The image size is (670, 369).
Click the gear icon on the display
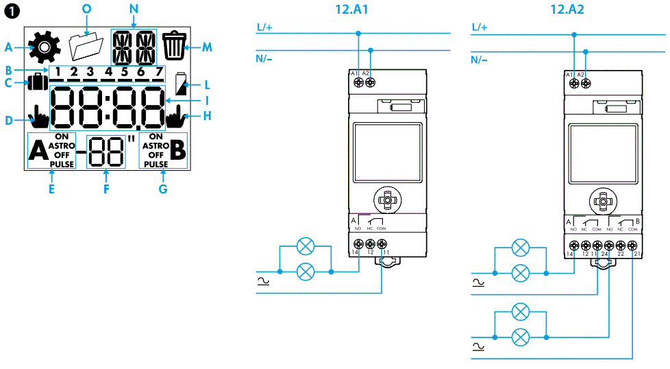pos(45,47)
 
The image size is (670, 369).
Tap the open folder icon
pos(86,47)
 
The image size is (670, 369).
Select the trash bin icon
pos(174,46)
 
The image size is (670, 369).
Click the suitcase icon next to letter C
pos(37,84)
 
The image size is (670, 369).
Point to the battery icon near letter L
pos(182,84)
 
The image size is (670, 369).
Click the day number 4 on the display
pos(108,71)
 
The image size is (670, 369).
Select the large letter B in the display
pos(177,152)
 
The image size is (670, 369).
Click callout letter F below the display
pos(106,189)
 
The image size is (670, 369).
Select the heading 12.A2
pos(571,10)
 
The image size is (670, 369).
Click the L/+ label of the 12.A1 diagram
pos(264,27)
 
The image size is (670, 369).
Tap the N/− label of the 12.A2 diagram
pos(480,59)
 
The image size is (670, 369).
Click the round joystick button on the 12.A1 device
pos(387,200)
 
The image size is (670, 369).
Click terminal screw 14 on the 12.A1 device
pos(358,243)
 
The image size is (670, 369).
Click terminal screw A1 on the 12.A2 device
pos(573,83)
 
